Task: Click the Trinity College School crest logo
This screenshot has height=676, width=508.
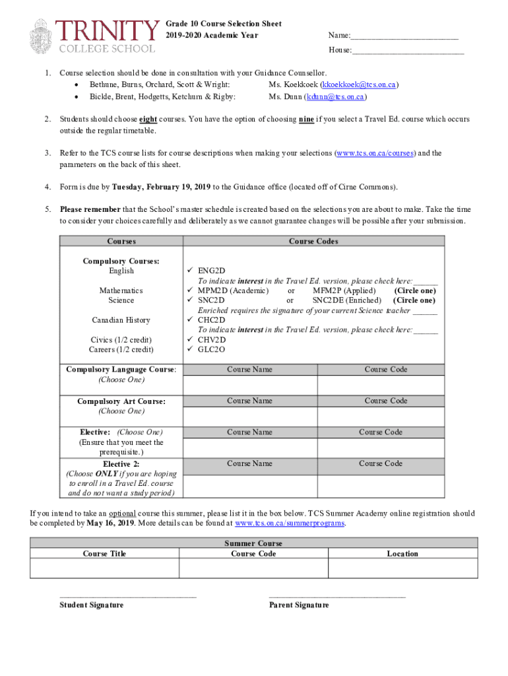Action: [x=40, y=37]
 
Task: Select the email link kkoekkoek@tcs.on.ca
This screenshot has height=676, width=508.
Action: [x=358, y=85]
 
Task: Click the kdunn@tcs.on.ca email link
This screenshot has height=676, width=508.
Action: [x=335, y=97]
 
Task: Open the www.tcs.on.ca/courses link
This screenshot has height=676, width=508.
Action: [x=375, y=153]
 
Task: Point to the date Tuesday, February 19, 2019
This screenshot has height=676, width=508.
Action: [x=161, y=187]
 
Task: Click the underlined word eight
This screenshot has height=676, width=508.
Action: [x=148, y=119]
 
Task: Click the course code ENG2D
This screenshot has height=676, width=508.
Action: [x=212, y=271]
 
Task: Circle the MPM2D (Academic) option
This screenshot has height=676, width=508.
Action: [x=233, y=290]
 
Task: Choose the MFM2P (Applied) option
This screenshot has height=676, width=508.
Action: [x=344, y=290]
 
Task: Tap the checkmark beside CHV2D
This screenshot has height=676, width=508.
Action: [x=190, y=339]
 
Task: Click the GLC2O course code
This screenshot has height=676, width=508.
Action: [x=212, y=349]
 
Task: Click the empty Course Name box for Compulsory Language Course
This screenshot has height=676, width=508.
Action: [x=249, y=384]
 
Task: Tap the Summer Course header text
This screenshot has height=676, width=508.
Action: [x=253, y=543]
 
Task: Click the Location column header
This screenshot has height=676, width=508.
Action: [x=402, y=554]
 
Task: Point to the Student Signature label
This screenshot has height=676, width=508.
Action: [x=91, y=605]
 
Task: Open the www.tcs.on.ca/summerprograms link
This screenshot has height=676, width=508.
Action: [x=290, y=524]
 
